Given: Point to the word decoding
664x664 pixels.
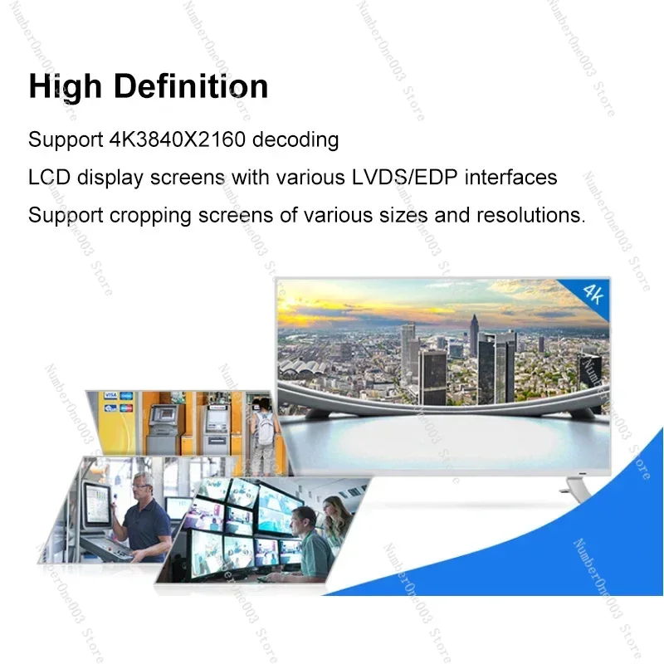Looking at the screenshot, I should tap(295, 139).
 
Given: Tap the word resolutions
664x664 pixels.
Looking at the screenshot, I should tap(530, 216).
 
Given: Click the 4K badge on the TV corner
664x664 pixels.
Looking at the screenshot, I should tap(592, 293).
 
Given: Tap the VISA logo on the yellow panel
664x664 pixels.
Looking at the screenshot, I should tap(109, 398).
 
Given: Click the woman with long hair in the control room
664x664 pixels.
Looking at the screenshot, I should tap(335, 523).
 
